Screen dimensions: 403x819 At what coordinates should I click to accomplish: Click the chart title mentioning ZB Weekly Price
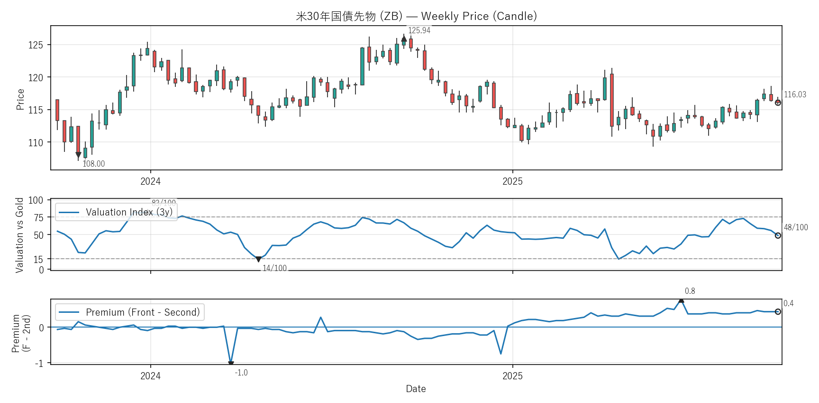[416, 16]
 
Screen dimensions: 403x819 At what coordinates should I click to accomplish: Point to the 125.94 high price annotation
[419, 30]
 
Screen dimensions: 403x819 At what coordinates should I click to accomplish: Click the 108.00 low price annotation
[94, 164]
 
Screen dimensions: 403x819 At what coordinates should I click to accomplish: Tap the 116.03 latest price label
[795, 94]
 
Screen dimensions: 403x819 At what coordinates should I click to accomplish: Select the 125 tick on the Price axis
[36, 45]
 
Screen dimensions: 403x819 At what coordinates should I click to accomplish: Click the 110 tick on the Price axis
[36, 142]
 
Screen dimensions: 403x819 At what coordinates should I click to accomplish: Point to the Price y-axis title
[20, 99]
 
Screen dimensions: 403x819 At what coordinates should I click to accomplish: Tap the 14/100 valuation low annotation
[274, 268]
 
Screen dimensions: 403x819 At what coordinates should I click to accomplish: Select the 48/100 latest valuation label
[796, 227]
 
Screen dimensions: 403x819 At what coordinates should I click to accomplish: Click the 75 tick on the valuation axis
[38, 217]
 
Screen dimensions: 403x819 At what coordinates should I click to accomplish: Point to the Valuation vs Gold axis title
[19, 235]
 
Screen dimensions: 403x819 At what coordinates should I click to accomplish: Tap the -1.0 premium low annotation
[241, 373]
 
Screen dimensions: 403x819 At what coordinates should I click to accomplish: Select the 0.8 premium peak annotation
[690, 291]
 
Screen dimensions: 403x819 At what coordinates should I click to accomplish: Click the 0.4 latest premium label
[788, 303]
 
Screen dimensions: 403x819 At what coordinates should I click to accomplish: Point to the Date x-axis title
[416, 389]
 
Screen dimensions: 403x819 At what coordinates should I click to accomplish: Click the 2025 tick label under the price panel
[512, 181]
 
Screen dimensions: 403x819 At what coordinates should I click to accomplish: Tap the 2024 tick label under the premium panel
[150, 376]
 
